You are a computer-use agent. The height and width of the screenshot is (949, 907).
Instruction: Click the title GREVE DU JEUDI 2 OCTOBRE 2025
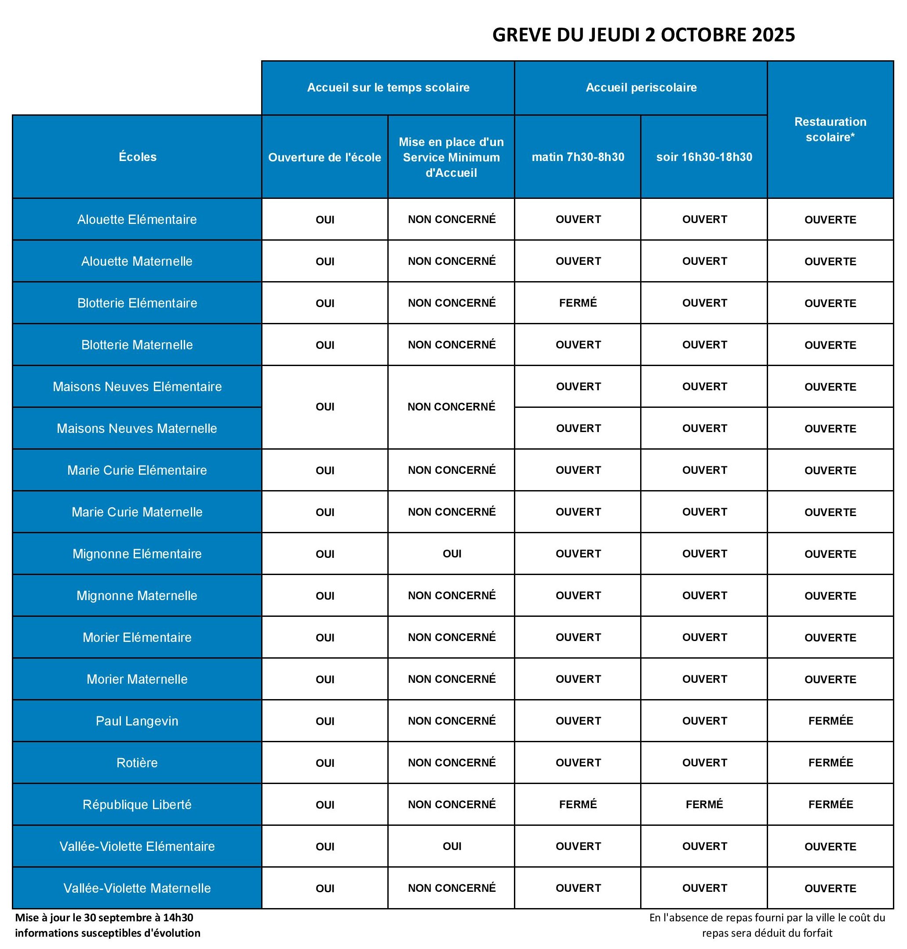point(643,35)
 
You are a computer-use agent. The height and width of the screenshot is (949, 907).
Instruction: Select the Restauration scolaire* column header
point(830,129)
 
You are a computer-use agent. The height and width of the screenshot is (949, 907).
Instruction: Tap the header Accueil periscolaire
point(641,88)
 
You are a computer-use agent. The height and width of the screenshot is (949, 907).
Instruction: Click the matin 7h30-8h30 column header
point(578,157)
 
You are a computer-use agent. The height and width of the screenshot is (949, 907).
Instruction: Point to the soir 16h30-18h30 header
point(704,157)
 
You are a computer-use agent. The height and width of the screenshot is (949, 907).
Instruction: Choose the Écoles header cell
point(137,157)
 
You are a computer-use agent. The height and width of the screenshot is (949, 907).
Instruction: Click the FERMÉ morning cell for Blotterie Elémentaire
point(578,303)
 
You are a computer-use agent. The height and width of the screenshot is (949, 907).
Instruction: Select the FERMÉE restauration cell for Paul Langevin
point(830,721)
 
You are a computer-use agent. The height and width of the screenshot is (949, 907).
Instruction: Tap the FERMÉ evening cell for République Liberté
point(704,804)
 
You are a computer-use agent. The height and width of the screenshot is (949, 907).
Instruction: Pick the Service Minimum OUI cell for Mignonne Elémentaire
point(452,554)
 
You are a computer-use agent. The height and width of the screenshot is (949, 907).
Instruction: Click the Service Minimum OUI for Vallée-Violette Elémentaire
point(452,846)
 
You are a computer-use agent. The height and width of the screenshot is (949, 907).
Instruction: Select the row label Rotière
point(137,763)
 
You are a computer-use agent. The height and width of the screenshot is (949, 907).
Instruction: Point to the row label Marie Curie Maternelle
point(137,512)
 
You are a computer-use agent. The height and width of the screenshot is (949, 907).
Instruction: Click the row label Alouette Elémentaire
point(137,220)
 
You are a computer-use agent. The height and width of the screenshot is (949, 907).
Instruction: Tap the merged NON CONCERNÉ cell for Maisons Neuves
point(451,407)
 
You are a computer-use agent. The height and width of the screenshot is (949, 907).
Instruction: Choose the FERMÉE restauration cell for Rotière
point(830,763)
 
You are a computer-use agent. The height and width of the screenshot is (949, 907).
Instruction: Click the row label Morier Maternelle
point(137,679)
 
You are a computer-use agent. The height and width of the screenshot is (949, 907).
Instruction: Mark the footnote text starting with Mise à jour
point(107,925)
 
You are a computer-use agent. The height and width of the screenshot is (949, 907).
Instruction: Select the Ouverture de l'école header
point(324,157)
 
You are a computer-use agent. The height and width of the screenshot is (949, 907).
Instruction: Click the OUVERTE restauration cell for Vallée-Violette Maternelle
point(830,888)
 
